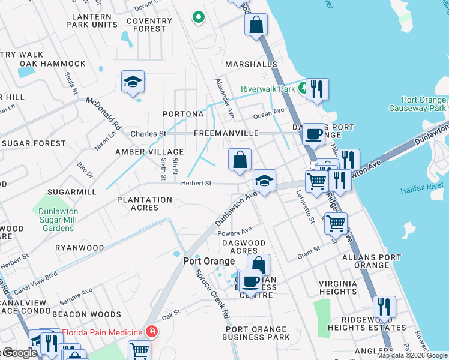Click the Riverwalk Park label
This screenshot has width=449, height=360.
click(268, 89)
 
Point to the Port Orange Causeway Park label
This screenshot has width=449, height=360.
click(416, 104)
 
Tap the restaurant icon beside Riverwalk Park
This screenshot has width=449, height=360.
click(317, 89)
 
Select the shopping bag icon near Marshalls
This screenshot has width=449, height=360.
click(256, 25)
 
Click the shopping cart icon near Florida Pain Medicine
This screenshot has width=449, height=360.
click(139, 350)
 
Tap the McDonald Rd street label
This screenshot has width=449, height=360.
click(103, 114)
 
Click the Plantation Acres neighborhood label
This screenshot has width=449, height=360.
click(145, 203)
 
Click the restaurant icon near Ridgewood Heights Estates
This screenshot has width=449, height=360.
click(384, 307)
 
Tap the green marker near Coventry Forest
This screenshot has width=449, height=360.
click(198, 17)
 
